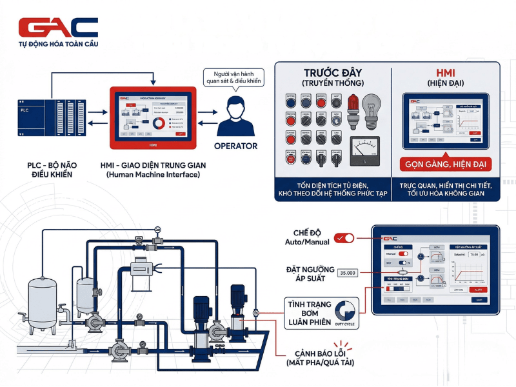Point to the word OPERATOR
[x=235, y=146]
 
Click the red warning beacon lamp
[x=352, y=106]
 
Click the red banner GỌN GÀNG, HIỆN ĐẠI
[x=446, y=164]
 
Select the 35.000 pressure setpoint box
[x=347, y=273]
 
